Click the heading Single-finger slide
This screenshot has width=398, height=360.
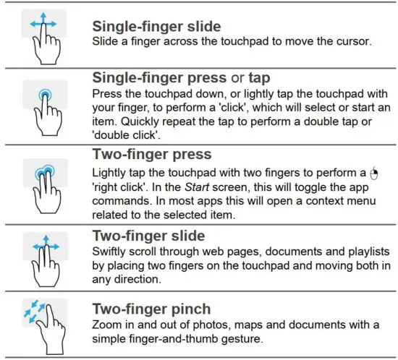156,27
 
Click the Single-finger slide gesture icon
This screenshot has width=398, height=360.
42,36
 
